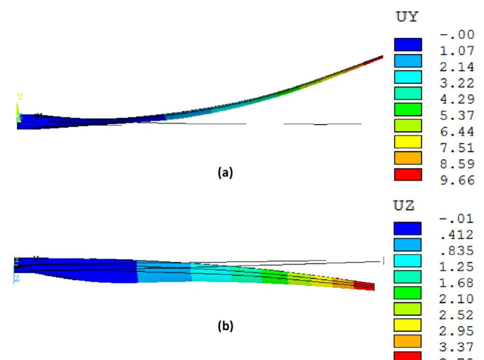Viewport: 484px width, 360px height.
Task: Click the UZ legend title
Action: [404, 206]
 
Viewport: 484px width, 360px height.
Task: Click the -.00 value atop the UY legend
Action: [458, 34]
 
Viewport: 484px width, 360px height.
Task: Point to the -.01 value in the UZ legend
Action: [458, 219]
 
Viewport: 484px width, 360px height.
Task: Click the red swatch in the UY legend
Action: [408, 174]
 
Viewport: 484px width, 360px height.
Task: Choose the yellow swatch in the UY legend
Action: [408, 142]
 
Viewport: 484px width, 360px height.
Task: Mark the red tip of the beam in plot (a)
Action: [376, 59]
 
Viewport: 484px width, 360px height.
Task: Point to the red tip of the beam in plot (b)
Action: [365, 285]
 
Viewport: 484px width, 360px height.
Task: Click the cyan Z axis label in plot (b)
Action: [17, 279]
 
